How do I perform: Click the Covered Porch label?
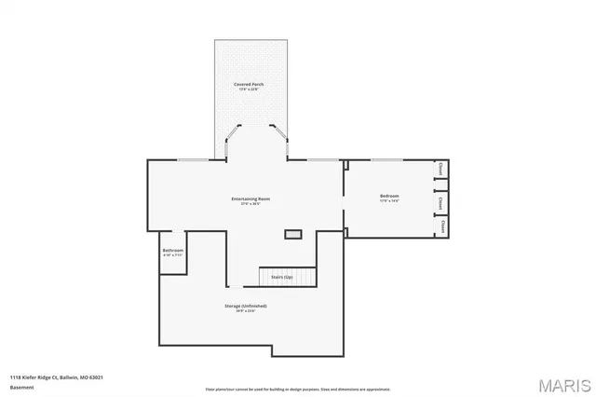249,84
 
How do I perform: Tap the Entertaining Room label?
251,198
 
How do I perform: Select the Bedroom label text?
389,195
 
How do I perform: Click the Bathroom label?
172,250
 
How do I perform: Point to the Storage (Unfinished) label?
246,306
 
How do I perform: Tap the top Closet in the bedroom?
440,169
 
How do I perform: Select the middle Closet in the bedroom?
440,201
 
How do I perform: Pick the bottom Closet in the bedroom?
442,226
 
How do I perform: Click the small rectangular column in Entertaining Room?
294,233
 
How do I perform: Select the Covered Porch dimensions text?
249,89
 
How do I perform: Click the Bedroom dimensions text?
389,200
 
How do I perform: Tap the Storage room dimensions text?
246,311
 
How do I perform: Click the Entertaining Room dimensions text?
251,204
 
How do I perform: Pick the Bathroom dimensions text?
172,255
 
